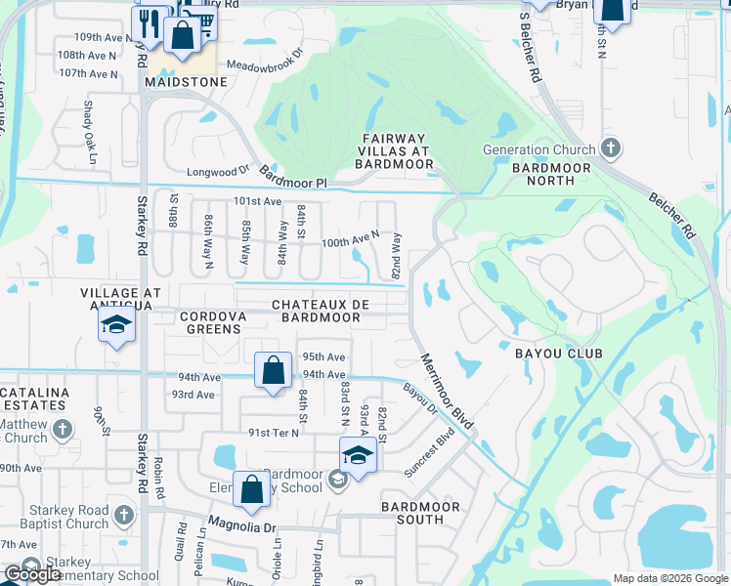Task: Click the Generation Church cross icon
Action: [x=611, y=149]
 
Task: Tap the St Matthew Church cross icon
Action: [x=63, y=430]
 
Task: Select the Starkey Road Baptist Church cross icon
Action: [x=123, y=515]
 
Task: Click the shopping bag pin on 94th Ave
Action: [x=274, y=371]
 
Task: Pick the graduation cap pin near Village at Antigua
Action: [x=117, y=325]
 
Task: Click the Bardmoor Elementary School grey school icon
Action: [x=337, y=479]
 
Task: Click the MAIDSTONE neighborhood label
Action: [x=186, y=83]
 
